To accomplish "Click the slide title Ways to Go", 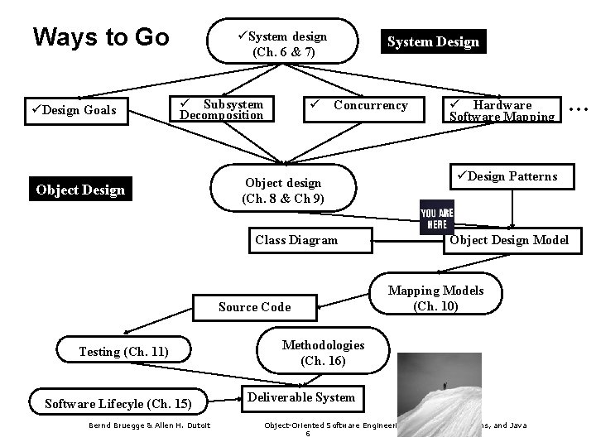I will (x=100, y=38).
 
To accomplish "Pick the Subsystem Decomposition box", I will (x=221, y=110).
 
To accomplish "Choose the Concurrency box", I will (x=361, y=106).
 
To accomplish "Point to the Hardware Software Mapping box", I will (x=502, y=110).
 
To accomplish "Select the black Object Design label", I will (x=80, y=190).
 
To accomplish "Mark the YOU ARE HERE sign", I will (x=436, y=217).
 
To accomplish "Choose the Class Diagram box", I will (x=296, y=240).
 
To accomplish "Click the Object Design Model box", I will (x=509, y=240).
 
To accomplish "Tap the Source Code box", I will (x=255, y=307).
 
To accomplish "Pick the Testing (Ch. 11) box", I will (x=123, y=352).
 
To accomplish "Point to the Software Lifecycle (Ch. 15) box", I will (x=118, y=404).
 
